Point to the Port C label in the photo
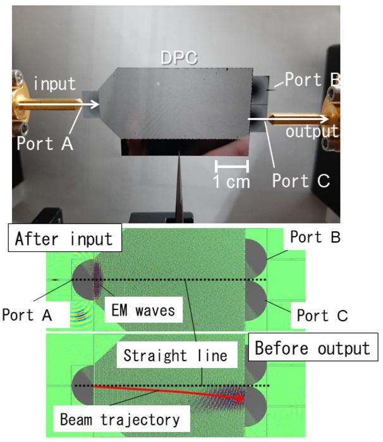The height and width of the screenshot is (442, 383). (x=301, y=181)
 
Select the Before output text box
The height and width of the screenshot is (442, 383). (x=312, y=348)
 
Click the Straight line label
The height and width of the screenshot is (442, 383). (x=174, y=355)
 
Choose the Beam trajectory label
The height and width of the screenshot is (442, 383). (x=120, y=418)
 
